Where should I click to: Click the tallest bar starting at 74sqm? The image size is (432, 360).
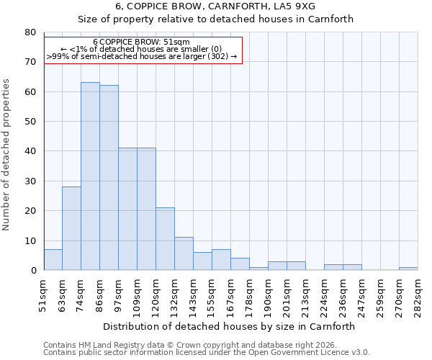pos(90,176)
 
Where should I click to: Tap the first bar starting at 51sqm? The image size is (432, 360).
pos(53,260)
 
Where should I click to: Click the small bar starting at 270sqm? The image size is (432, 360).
pos(408,269)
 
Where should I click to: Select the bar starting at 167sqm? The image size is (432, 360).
pos(240,264)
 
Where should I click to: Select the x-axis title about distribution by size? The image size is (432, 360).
pos(229,326)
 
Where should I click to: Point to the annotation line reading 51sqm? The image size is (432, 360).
pos(141,42)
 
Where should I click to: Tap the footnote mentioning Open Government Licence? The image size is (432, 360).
pos(206,353)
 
